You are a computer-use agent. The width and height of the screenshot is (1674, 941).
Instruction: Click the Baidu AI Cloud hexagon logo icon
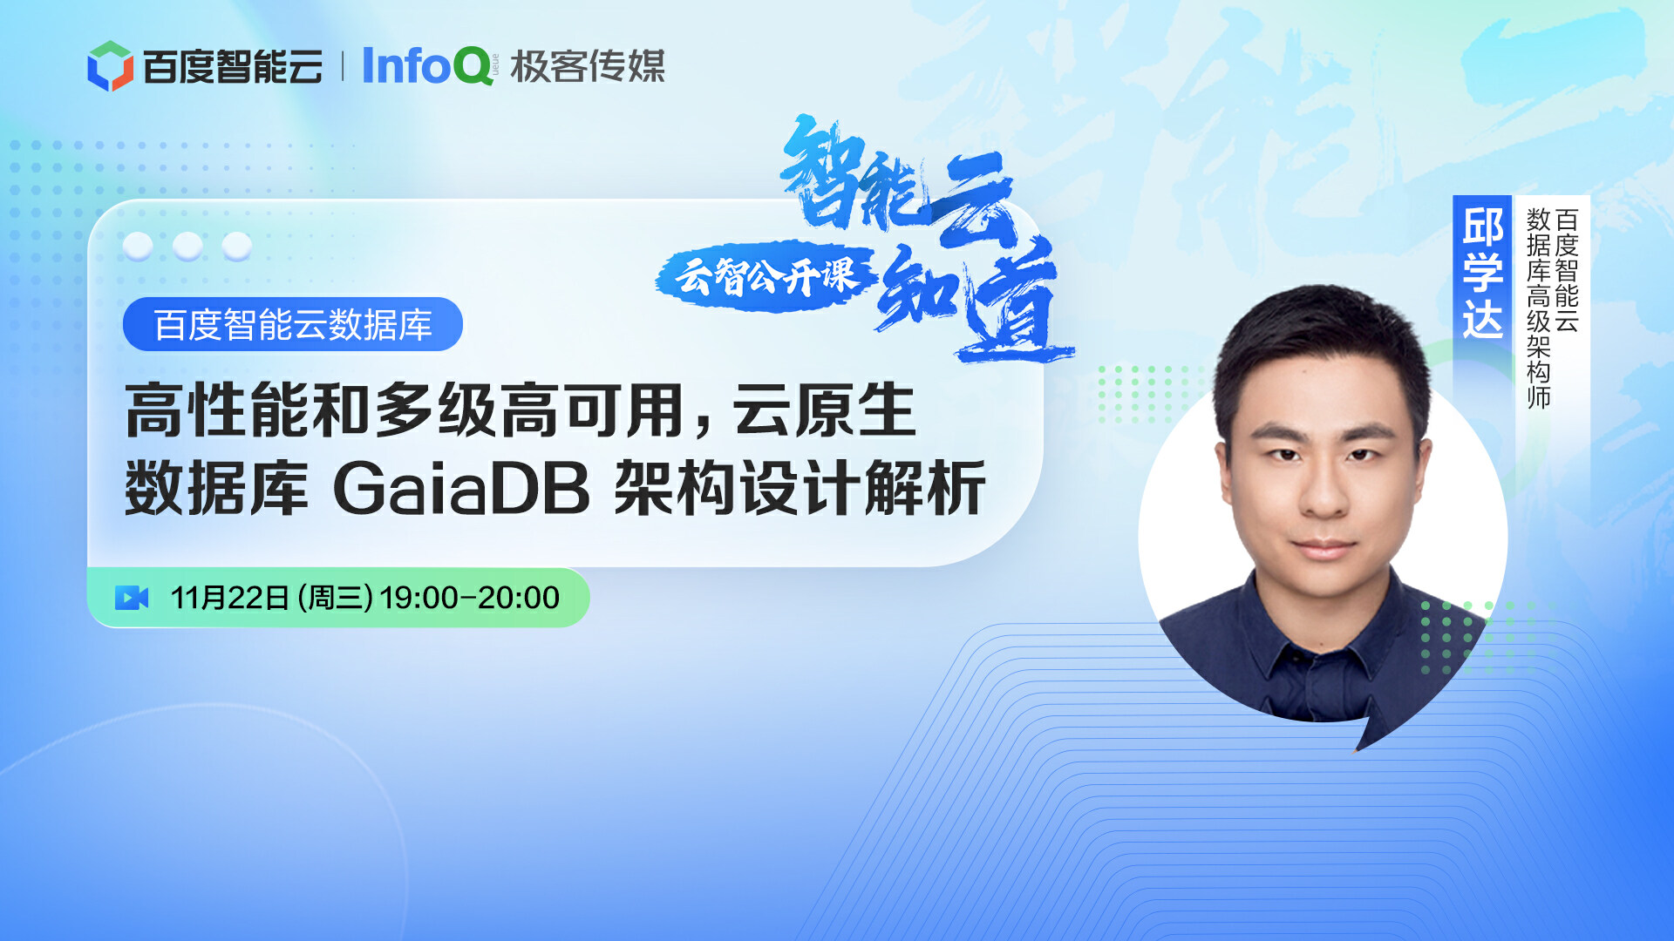click(x=110, y=66)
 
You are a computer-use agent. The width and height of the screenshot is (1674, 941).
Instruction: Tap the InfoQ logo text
click(x=427, y=66)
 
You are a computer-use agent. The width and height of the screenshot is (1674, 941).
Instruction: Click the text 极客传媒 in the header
click(x=588, y=66)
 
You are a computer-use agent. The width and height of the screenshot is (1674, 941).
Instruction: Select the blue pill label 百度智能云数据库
click(x=293, y=325)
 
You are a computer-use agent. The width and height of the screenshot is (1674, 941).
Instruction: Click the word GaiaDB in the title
click(x=462, y=488)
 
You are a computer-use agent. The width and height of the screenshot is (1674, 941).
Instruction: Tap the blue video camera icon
click(x=132, y=598)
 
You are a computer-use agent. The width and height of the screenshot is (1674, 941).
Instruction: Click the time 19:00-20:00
click(x=470, y=598)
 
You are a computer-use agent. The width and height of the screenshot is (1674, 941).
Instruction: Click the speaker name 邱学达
click(x=1482, y=273)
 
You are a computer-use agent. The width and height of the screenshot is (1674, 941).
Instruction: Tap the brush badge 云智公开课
click(x=766, y=276)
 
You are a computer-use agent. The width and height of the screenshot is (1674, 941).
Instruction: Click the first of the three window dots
click(x=138, y=247)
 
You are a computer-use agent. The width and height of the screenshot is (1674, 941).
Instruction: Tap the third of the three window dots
click(x=236, y=247)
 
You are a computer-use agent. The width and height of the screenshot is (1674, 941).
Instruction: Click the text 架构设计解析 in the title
click(x=800, y=488)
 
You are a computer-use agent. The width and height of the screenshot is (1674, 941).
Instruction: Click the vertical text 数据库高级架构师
click(x=1538, y=308)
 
